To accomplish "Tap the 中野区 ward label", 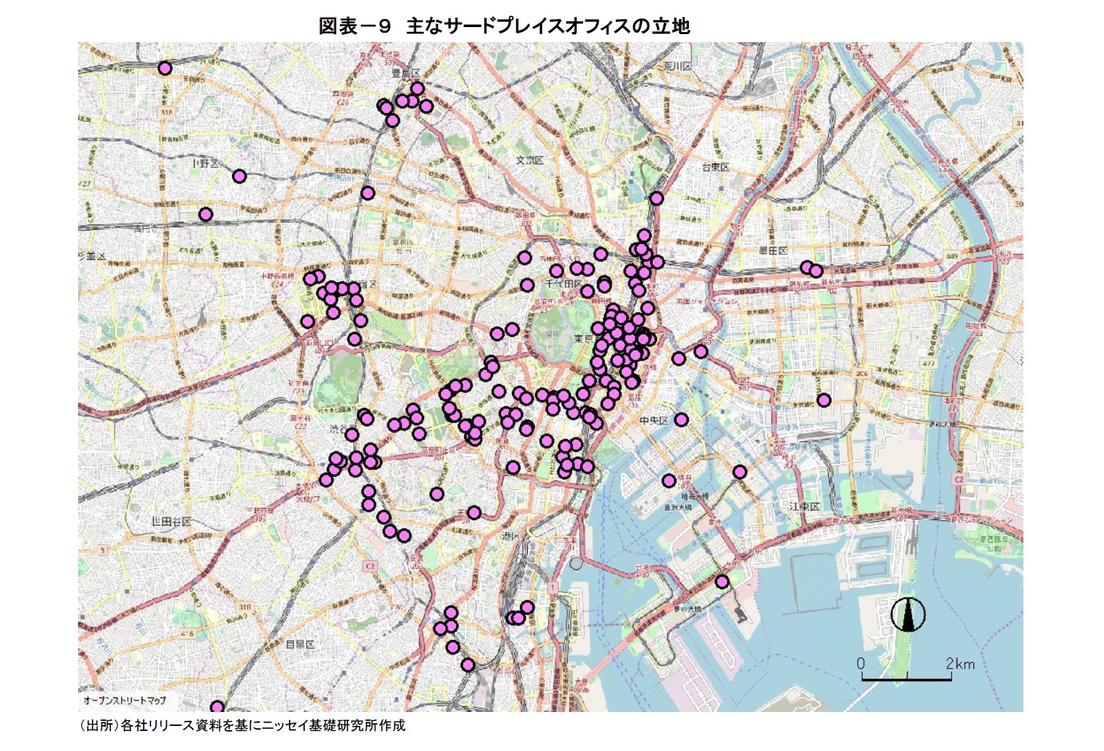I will point(205,164).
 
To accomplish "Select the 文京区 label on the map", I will point(529,161).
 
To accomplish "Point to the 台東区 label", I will point(715,167).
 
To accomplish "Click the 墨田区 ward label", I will point(773,251).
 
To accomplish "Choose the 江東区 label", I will point(804,507).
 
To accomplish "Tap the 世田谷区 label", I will point(171,521).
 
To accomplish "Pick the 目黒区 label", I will point(300,644).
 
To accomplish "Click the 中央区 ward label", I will point(654,420).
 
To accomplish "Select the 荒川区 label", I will point(678,67).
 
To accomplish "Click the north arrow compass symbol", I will point(908,614).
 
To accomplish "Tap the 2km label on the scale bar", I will point(959,663).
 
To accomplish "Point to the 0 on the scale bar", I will point(861,663).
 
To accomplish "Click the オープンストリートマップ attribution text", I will point(125,700).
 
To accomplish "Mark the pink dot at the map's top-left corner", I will point(165,68).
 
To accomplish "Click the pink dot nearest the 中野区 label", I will point(239,176).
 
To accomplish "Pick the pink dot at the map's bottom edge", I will point(217,707).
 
